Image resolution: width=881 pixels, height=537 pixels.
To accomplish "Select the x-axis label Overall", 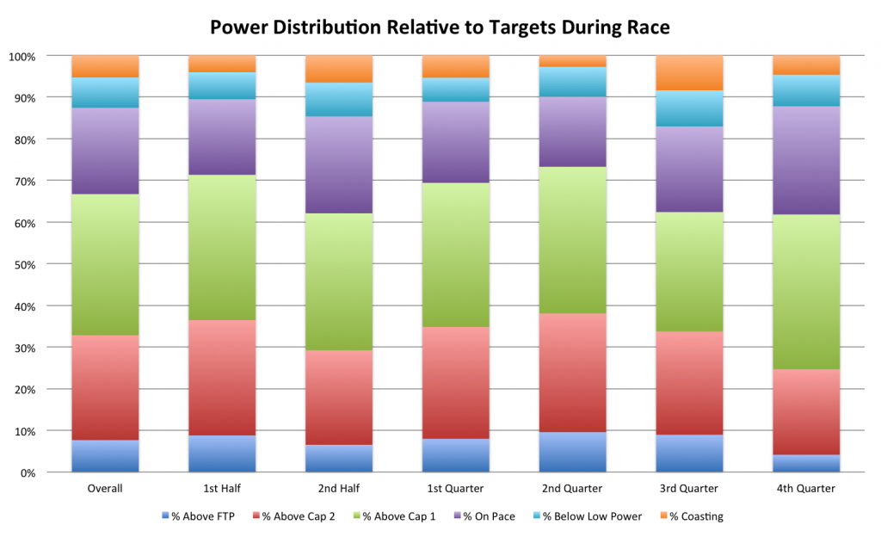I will coord(105,489).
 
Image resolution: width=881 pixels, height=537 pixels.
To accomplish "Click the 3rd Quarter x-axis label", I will coord(689,489).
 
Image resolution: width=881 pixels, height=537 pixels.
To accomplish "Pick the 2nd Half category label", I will coord(338,489).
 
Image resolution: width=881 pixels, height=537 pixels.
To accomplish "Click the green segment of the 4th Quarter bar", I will coord(806,292).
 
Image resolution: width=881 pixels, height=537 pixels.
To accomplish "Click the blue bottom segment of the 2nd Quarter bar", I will coord(572,452).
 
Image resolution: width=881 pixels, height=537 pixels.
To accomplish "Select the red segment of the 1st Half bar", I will coord(222,378).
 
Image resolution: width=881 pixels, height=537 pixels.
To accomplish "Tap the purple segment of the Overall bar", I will coord(105,151).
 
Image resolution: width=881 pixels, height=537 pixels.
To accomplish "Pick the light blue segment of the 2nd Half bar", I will coord(338,99).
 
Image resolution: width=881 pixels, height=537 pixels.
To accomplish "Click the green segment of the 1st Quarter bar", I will coord(455,255).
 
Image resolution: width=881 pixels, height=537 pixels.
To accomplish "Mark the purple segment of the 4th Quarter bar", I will coord(806,160).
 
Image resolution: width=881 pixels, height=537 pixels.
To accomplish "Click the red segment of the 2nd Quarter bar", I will coord(572,373).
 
